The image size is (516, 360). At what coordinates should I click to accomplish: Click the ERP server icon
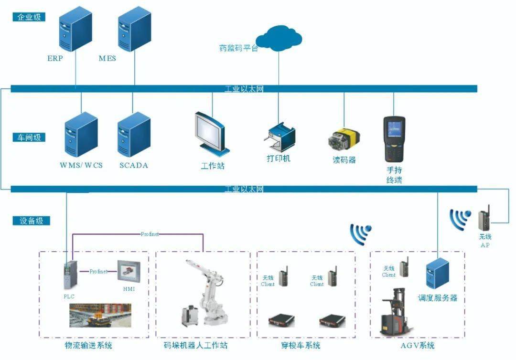(75, 31)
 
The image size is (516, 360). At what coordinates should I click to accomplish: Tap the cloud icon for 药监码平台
(279, 38)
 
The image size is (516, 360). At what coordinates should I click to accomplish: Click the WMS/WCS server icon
(81, 135)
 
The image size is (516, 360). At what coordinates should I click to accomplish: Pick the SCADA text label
(134, 166)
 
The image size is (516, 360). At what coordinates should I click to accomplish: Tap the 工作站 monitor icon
(211, 132)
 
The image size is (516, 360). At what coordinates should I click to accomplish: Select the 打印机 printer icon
(279, 136)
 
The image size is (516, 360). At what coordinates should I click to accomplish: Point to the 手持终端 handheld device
(394, 139)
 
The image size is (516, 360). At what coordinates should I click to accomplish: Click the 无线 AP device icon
(485, 219)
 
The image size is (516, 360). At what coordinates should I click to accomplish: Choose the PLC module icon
(68, 275)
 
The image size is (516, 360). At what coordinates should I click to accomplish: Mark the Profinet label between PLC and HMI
(99, 271)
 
